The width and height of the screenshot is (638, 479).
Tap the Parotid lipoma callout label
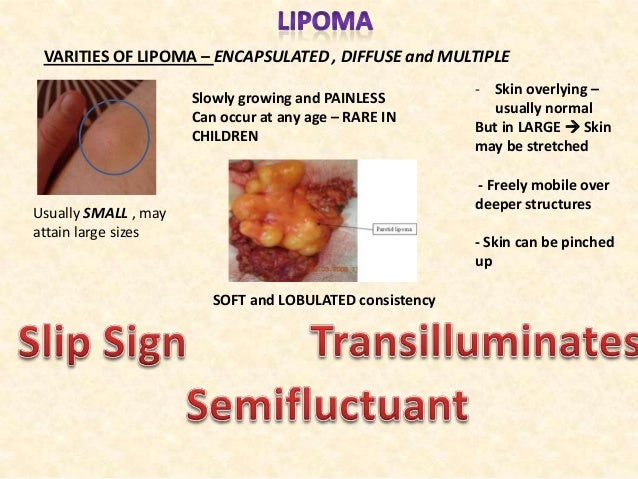[397, 229]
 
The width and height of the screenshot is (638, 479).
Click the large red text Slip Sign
[100, 346]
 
